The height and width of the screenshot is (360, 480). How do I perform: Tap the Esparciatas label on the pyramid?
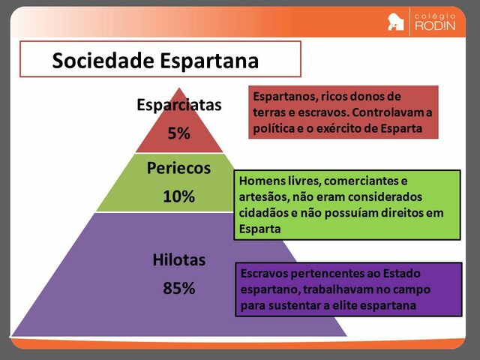coord(179,105)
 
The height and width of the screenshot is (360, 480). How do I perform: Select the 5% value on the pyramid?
coord(179,134)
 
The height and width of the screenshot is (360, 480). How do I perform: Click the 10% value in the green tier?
coord(178,196)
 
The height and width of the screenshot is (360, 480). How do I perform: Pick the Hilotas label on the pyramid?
coord(178,260)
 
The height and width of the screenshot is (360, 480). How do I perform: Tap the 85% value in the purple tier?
coord(178,288)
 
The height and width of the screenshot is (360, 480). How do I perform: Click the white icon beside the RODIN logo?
coord(396,22)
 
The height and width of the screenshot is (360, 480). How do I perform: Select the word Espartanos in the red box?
coord(283,97)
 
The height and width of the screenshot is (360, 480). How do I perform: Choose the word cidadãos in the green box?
coord(263,213)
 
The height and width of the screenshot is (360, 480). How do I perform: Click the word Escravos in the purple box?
coord(263,273)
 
